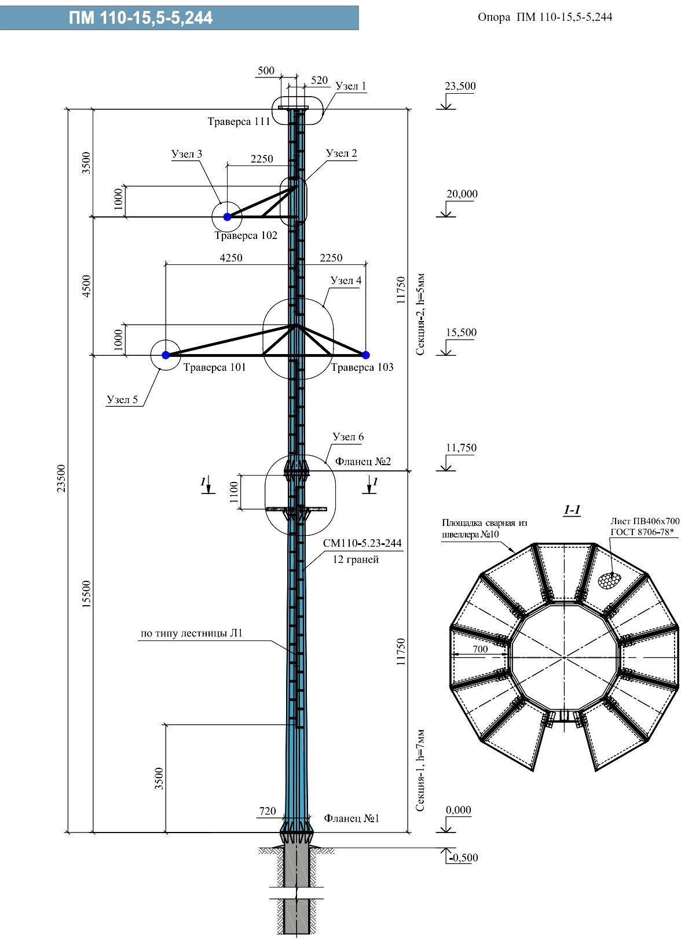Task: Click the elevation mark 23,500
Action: [460, 86]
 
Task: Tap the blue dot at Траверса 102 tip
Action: [228, 217]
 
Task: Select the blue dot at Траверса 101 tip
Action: [166, 355]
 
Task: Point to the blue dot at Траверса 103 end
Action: [366, 355]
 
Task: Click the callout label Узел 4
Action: [346, 281]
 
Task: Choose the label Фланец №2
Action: [363, 462]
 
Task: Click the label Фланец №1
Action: [352, 818]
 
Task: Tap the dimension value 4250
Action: [231, 258]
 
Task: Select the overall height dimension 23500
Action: [61, 478]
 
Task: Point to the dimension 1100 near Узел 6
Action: [234, 492]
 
